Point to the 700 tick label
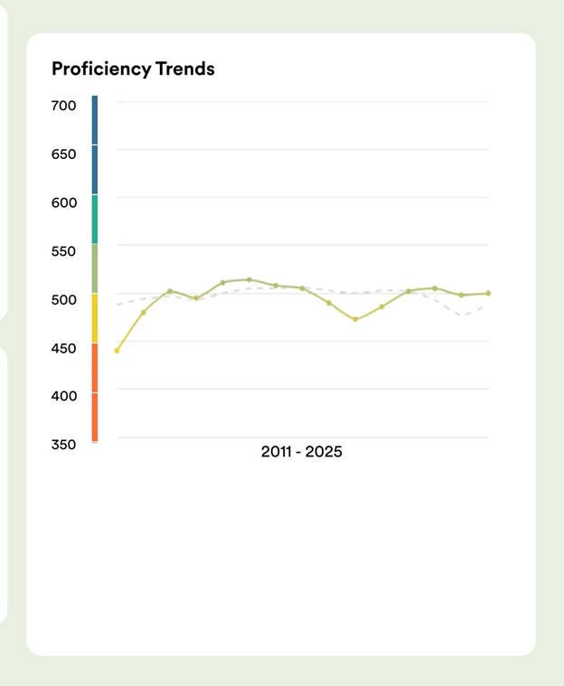64,106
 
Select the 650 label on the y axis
64,154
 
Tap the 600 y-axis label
64,202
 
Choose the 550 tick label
64,250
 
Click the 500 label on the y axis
64,299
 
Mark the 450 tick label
64,347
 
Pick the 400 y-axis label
64,396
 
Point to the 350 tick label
64,444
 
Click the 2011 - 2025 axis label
302,452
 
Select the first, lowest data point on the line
117,351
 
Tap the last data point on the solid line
488,293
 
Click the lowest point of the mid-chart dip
355,319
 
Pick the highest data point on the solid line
249,280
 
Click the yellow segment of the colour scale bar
95,318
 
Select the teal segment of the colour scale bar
95,220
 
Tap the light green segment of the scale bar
95,268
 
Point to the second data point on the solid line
143,313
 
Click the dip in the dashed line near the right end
464,315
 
